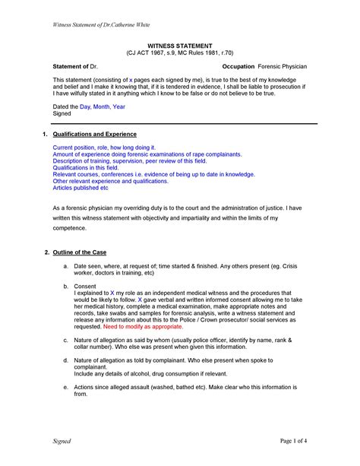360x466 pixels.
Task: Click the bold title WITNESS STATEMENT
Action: pyautogui.click(x=180, y=46)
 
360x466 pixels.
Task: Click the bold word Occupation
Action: pyautogui.click(x=238, y=68)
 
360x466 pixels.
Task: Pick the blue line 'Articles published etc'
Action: pyautogui.click(x=81, y=188)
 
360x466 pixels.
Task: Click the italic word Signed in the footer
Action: pyautogui.click(x=62, y=441)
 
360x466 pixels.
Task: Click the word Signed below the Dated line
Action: pyautogui.click(x=62, y=115)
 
